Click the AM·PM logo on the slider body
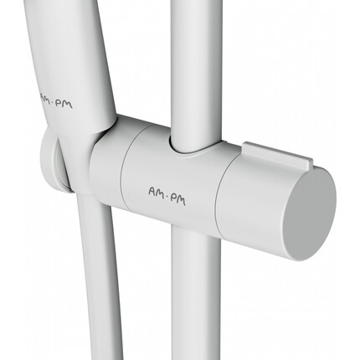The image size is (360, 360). pos(167,196)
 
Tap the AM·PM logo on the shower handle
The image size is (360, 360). pos(56,100)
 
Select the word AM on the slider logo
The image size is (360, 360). pos(156,193)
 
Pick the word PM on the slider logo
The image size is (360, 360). pos(178,199)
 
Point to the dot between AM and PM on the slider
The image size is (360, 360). pos(167,197)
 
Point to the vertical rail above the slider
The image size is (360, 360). pos(195,73)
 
